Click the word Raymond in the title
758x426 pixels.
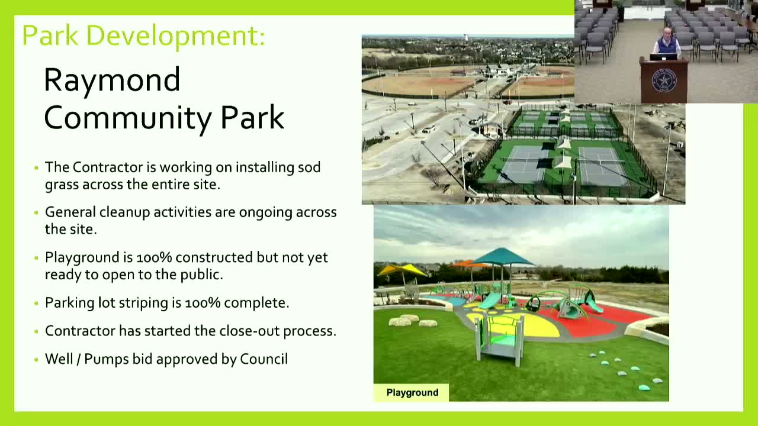click(112, 80)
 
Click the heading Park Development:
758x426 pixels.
click(143, 35)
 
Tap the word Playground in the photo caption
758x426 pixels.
click(412, 393)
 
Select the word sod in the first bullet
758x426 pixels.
click(309, 167)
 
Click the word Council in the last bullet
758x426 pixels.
click(264, 359)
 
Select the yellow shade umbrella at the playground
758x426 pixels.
click(402, 270)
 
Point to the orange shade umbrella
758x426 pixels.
click(468, 264)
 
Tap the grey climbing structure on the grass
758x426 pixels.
click(499, 338)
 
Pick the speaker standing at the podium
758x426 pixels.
click(667, 43)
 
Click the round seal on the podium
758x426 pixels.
click(664, 80)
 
